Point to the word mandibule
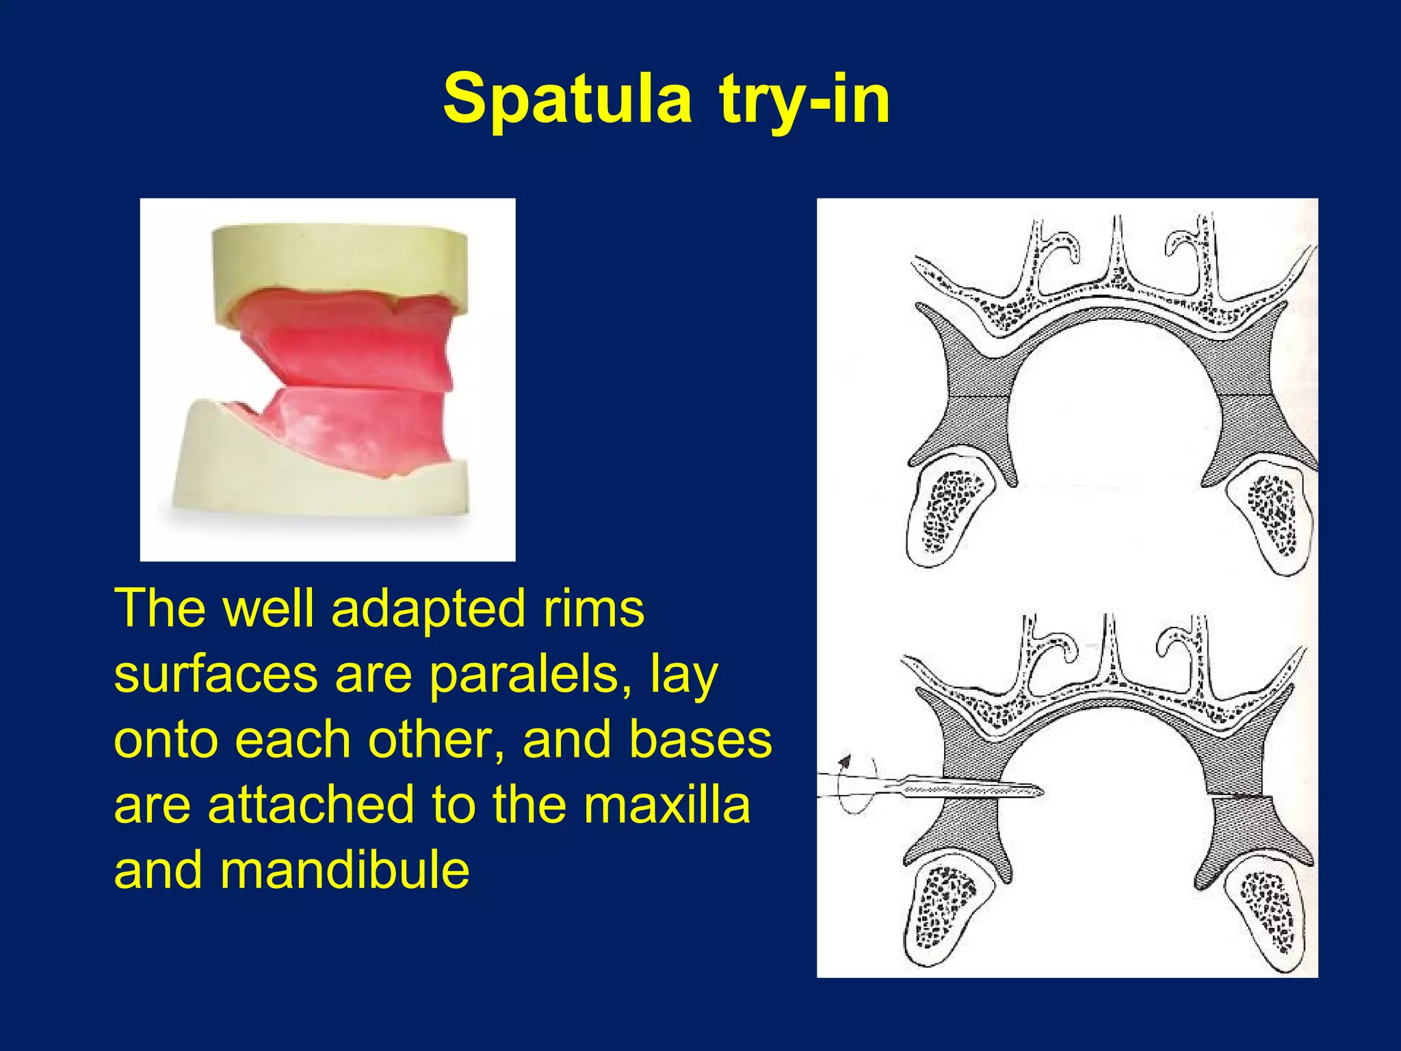[345, 870]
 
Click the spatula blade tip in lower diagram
[1036, 792]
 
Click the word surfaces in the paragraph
[215, 675]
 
